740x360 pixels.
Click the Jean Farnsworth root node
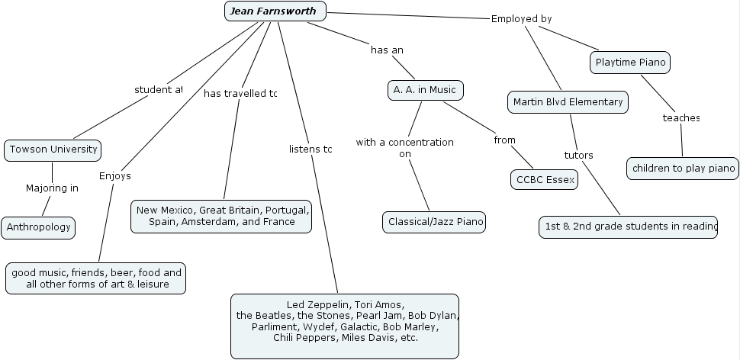(275, 11)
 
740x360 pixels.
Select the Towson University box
(53, 149)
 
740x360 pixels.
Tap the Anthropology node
(38, 227)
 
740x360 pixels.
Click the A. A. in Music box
(425, 90)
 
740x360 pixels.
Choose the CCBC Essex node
(544, 180)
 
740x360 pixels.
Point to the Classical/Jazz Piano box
(434, 222)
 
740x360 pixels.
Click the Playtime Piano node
(630, 63)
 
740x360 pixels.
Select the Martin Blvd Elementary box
(568, 101)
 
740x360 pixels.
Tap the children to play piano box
(683, 169)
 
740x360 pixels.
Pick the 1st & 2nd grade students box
(628, 227)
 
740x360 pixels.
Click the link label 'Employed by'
(521, 19)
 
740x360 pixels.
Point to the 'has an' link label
(387, 50)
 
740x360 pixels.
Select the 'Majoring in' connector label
(52, 188)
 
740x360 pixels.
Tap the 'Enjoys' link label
(115, 176)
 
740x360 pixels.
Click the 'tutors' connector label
(578, 156)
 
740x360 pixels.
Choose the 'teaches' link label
(680, 118)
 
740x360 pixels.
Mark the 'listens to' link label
(310, 149)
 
